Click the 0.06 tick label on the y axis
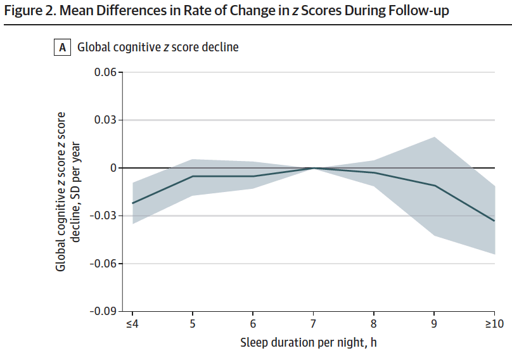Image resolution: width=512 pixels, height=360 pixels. [105, 72]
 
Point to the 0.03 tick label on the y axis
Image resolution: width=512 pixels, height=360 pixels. [105, 120]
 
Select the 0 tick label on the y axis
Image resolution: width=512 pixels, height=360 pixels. [112, 168]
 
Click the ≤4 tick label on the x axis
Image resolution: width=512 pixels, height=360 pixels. [132, 324]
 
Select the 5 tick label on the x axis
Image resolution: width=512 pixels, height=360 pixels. [193, 324]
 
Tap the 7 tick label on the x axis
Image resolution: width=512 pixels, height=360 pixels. [314, 324]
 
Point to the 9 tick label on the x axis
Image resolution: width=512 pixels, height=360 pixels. [435, 324]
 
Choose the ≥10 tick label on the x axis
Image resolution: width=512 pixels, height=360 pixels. [494, 324]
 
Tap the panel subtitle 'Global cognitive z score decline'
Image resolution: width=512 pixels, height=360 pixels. [158, 47]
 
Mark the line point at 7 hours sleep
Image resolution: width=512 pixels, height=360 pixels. [314, 168]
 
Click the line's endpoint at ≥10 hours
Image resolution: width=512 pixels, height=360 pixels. [494, 221]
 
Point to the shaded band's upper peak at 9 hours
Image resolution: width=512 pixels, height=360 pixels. [435, 137]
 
